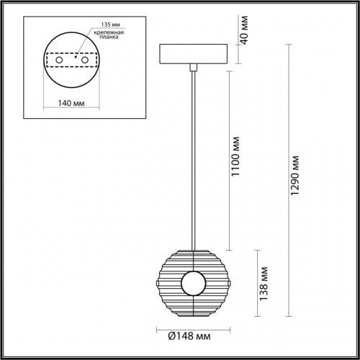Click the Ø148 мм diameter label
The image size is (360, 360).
(190, 335)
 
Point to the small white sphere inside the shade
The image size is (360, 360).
(193, 282)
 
